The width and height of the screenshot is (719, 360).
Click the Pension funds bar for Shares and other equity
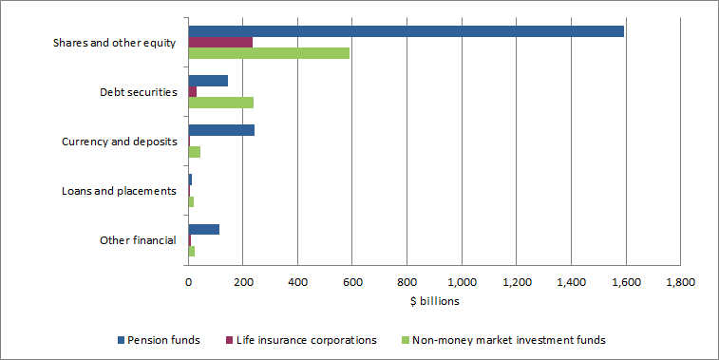406,31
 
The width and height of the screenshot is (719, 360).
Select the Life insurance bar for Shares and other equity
220,43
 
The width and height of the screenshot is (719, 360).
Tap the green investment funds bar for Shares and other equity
269,53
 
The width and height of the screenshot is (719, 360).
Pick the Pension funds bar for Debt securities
208,81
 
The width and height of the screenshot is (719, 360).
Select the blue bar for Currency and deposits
221,130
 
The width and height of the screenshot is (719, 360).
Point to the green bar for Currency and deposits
195,152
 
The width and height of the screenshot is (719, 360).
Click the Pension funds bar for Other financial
204,229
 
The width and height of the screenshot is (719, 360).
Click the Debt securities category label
138,92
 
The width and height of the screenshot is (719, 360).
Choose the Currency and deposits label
119,142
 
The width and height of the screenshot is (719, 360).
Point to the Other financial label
138,240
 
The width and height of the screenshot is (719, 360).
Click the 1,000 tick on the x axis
462,282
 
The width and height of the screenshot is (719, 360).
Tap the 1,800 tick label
680,282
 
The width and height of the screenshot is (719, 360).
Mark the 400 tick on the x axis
297,282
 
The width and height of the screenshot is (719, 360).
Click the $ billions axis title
434,301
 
